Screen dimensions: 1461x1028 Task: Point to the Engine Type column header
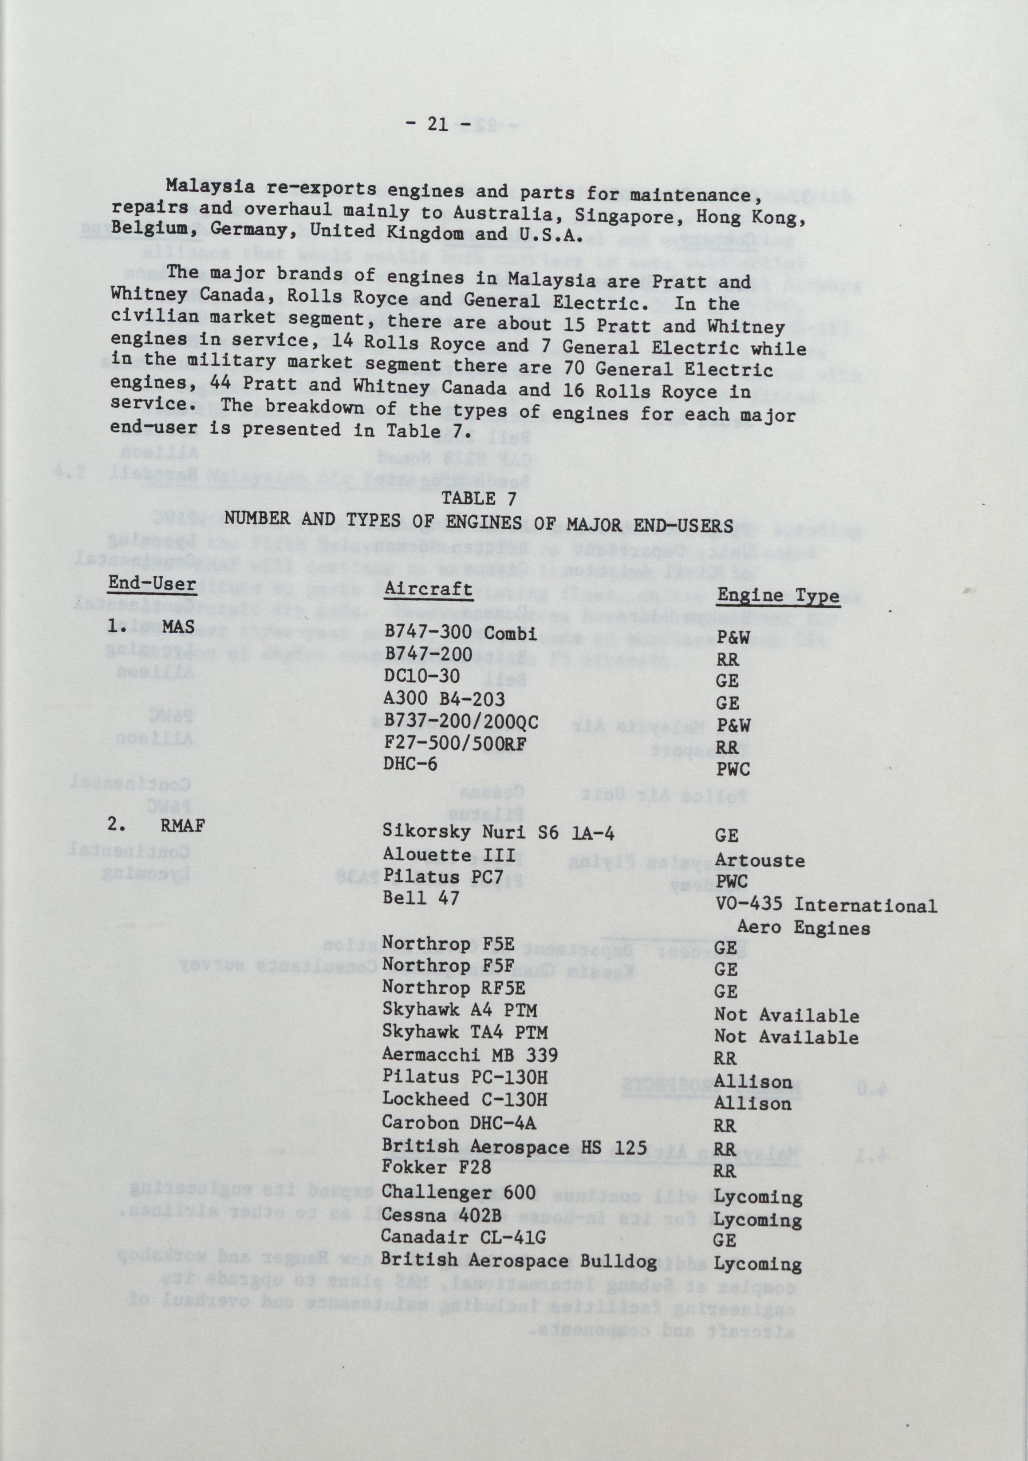pos(778,596)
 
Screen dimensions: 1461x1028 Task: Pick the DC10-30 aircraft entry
pos(422,676)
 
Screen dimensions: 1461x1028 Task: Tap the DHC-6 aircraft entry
pos(411,764)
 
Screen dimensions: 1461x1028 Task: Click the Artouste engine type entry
pos(760,860)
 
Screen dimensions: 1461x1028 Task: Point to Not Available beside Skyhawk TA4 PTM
pos(786,1037)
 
